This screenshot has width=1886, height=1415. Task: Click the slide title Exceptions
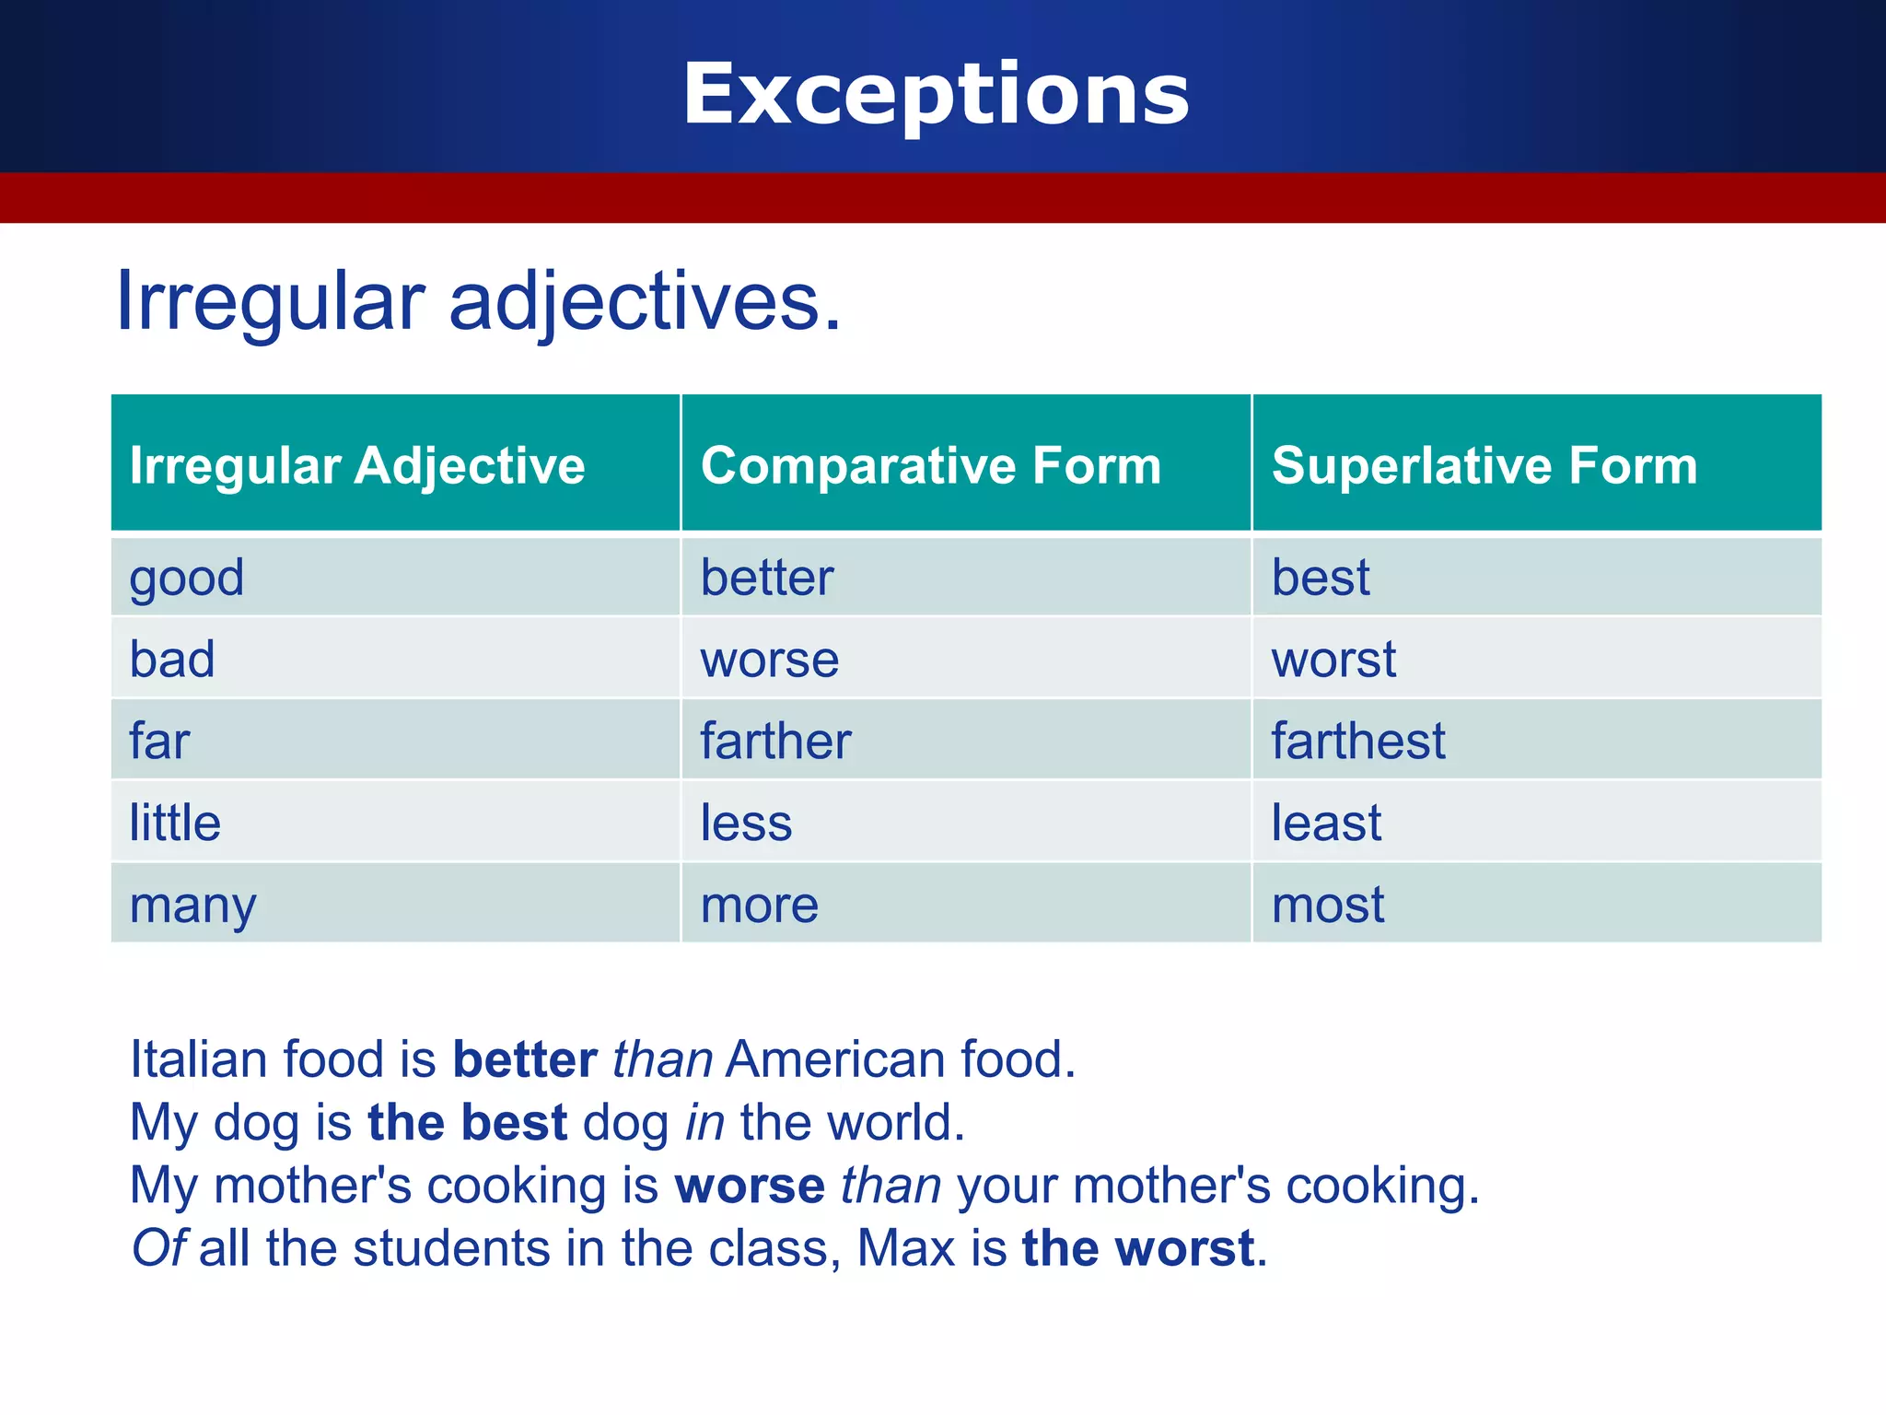(936, 94)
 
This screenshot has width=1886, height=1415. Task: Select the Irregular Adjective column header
(357, 464)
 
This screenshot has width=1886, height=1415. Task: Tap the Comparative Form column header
(930, 464)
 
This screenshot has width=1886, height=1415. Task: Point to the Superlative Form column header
(1484, 464)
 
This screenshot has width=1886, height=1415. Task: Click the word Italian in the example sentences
(198, 1058)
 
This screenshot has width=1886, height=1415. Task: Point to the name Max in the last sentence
(906, 1248)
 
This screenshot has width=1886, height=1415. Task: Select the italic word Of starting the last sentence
(159, 1248)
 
